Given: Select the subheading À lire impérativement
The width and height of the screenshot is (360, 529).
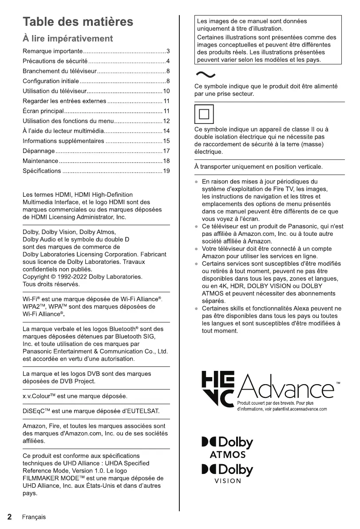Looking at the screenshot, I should coord(68,39).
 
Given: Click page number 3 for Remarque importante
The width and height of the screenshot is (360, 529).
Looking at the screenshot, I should coord(168,52).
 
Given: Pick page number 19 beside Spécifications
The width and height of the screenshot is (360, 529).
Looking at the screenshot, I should coord(167,171).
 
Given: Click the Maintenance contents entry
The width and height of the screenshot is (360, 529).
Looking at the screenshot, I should coord(40,161).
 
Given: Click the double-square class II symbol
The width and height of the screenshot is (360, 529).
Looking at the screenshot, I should coord(204,114).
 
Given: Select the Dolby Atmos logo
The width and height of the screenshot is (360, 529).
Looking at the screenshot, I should coord(227,448).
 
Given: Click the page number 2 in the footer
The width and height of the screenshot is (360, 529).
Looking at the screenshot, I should coord(9,517).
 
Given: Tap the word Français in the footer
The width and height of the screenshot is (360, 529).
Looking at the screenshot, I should coord(34,517).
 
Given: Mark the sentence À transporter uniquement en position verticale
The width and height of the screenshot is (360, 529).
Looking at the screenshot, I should coord(258,167).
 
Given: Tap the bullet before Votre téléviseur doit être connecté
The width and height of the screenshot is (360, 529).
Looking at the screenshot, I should coord(197,249).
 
